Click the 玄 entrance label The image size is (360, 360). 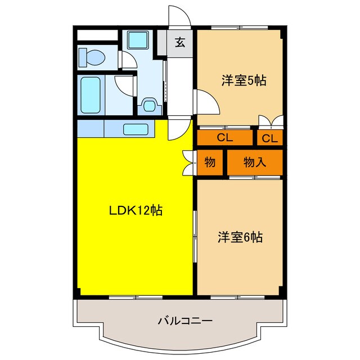180,42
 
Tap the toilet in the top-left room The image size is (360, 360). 92,57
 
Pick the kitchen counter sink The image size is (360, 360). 135,129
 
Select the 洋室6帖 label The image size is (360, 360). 240,237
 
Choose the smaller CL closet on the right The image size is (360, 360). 269,138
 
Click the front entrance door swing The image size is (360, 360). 179,17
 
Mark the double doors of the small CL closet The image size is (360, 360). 270,121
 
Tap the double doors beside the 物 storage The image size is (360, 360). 188,163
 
